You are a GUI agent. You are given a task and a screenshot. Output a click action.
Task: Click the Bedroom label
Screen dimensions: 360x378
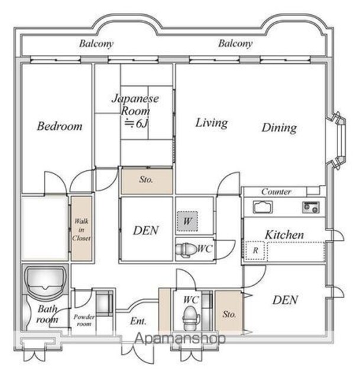point(60,126)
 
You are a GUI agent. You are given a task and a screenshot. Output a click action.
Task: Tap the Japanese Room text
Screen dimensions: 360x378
point(135,105)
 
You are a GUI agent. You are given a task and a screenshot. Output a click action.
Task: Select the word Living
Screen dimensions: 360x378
point(212,123)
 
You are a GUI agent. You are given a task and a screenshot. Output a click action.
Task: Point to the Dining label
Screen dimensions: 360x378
point(279,128)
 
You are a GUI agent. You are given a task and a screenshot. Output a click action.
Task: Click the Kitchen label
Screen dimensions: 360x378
point(284,234)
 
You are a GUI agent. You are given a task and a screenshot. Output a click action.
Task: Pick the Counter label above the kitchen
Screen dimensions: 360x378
point(276,191)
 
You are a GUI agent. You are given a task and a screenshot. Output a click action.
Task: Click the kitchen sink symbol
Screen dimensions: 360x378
point(262,207)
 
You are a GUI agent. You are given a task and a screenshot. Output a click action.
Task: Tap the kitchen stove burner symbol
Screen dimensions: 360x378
point(311,207)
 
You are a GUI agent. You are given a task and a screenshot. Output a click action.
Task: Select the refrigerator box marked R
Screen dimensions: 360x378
point(255,250)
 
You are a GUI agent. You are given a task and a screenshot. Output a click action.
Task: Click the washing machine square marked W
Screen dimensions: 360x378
point(187,221)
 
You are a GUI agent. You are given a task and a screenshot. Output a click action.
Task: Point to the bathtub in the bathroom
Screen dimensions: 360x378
point(46,282)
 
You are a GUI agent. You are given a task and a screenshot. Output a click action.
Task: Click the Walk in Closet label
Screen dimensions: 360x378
point(81,230)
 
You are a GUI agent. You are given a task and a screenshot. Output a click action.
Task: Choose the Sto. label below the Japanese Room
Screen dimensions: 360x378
point(146,180)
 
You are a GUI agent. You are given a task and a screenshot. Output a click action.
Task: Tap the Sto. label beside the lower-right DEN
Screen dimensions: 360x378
point(229,314)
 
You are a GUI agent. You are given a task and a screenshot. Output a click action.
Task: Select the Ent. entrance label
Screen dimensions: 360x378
point(138,321)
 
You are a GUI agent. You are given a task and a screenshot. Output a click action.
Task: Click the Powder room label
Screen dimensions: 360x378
point(84,320)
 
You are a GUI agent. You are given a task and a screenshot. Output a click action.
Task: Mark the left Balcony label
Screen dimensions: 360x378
point(96,44)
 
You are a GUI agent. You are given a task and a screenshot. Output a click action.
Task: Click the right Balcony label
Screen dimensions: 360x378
point(235,44)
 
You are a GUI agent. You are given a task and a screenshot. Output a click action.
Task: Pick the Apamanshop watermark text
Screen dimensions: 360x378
point(180,338)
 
